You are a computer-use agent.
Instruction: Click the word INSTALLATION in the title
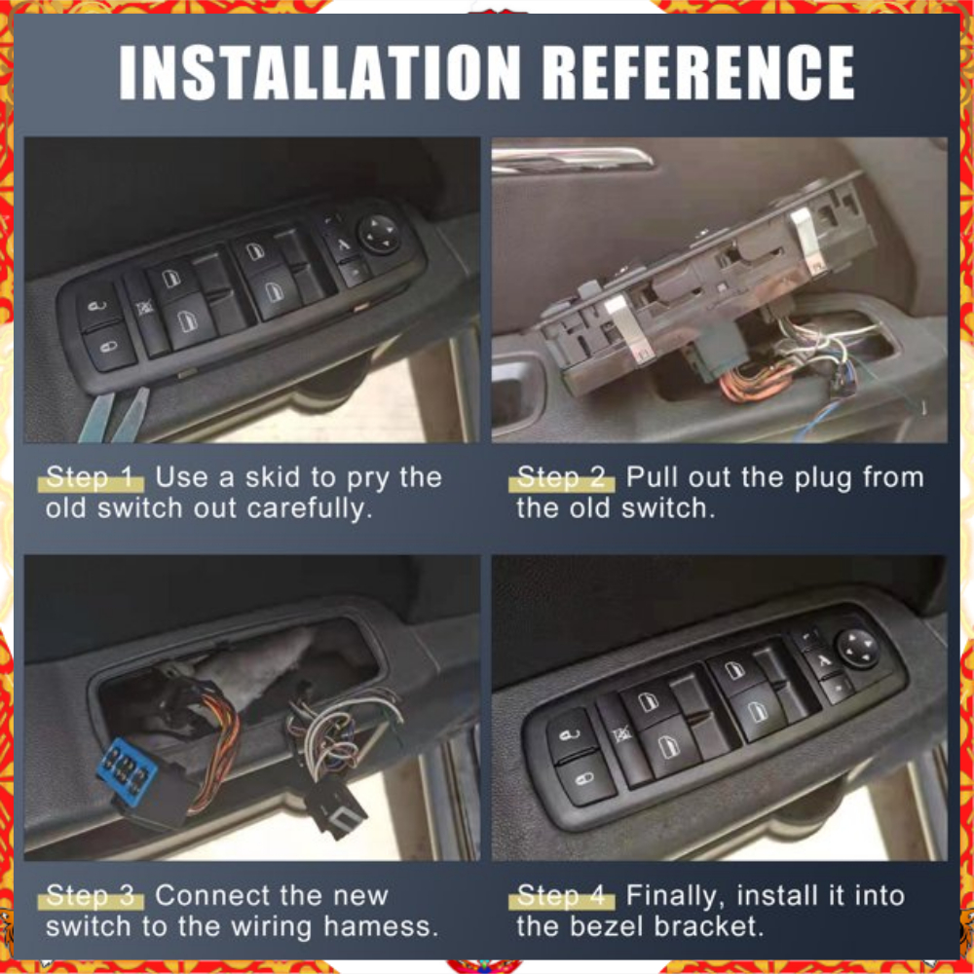(x=319, y=72)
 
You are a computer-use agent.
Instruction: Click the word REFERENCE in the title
(x=698, y=72)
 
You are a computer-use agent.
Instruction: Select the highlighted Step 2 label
(x=562, y=477)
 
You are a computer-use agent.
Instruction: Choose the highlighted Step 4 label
(x=562, y=896)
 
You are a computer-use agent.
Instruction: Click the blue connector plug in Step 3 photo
(x=127, y=769)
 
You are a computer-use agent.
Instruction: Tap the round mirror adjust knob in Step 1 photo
(x=379, y=234)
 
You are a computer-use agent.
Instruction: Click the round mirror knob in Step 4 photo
(x=858, y=649)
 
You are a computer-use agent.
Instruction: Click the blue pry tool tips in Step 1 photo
(x=114, y=415)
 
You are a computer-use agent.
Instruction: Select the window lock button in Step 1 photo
(x=145, y=309)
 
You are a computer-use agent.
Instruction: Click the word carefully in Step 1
(x=310, y=509)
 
